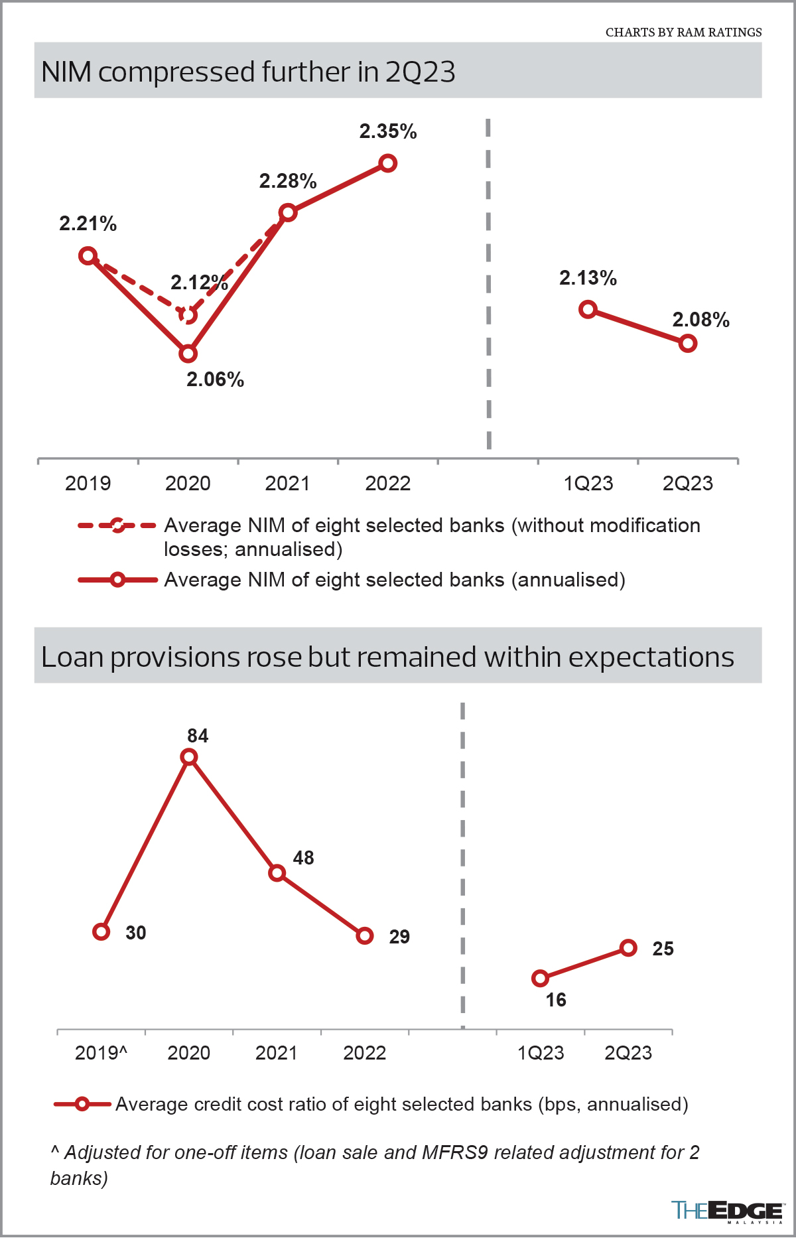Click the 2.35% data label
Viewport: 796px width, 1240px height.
[388, 131]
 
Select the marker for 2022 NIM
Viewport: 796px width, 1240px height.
[388, 163]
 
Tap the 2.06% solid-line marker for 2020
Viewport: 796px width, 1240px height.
[188, 354]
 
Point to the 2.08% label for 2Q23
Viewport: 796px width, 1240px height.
[700, 320]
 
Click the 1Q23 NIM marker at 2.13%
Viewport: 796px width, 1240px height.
[588, 309]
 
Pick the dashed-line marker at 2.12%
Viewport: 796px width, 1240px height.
[188, 314]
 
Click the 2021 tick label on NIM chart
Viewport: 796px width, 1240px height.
[287, 483]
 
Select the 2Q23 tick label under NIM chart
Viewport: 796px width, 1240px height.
[687, 483]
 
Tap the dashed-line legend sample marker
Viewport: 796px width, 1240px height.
[117, 525]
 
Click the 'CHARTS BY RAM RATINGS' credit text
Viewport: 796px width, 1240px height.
[683, 32]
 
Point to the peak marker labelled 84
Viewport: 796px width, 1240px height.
[189, 757]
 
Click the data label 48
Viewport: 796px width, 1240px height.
[303, 858]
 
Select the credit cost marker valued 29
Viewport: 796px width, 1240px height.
[365, 935]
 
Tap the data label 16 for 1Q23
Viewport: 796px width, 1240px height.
[556, 1000]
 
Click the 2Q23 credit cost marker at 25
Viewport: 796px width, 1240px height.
[629, 948]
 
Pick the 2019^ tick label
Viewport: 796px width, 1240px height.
[101, 1053]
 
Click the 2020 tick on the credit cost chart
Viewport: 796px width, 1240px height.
[188, 1053]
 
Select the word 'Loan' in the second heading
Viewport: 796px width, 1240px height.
[72, 657]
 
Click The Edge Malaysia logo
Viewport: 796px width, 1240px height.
[727, 1211]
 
